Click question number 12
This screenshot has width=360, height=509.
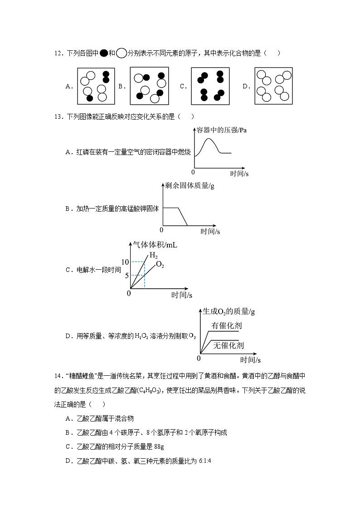[x=58, y=53]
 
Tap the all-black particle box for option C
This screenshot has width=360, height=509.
[x=210, y=86]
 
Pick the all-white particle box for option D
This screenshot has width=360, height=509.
[x=273, y=86]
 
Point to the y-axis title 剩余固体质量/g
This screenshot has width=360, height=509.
[x=190, y=187]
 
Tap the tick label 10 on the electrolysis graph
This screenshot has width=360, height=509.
[x=125, y=262]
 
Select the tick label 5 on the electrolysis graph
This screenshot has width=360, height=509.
[x=127, y=275]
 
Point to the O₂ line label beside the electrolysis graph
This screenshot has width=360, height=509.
[x=160, y=265]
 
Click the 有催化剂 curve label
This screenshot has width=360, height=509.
[x=227, y=325]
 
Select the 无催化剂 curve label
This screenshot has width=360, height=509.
[x=229, y=345]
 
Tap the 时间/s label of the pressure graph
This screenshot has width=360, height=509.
[x=239, y=173]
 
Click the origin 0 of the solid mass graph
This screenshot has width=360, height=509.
[x=161, y=230]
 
